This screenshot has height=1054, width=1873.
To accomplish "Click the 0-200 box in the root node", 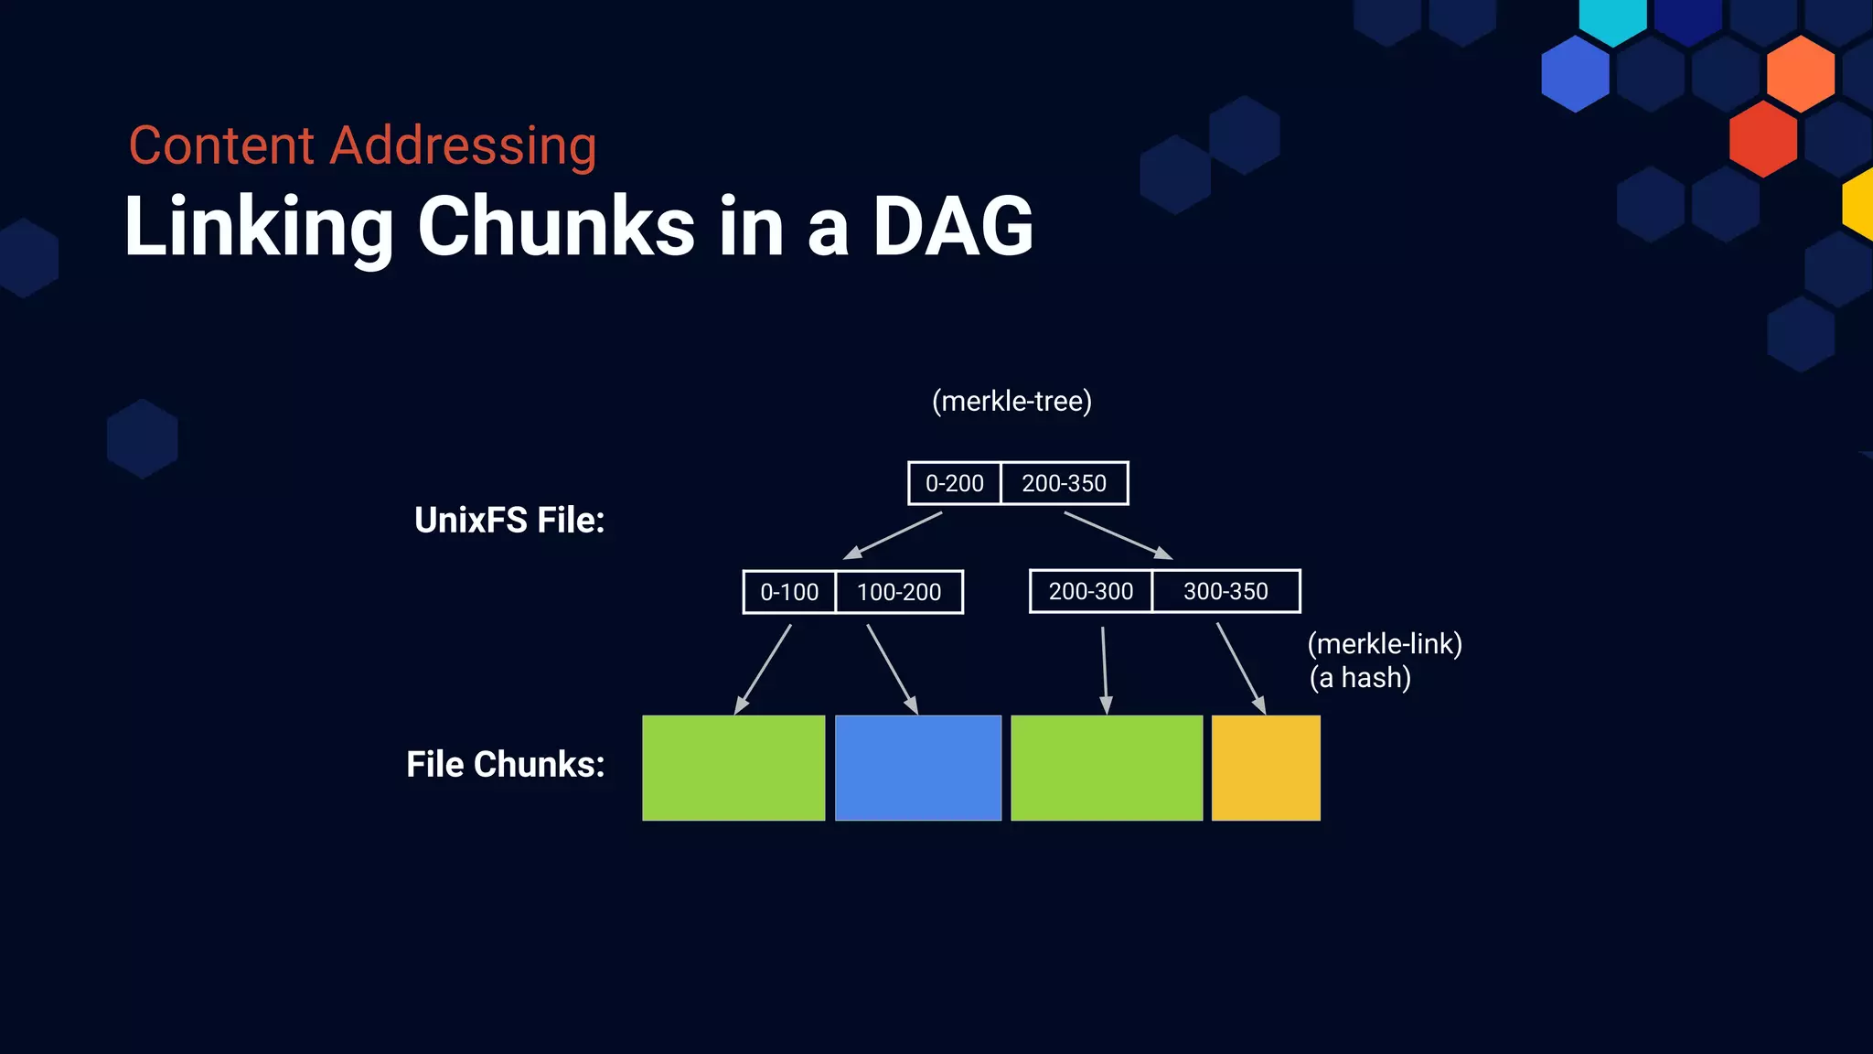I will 954,483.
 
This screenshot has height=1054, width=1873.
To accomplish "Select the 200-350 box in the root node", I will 1064,483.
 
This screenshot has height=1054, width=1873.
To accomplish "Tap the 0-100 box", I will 789,592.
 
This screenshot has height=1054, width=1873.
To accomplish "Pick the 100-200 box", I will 899,592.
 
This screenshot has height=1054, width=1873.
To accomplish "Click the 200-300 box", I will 1090,591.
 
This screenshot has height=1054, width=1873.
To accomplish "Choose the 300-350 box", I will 1225,591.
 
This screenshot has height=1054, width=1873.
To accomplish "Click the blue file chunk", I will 918,768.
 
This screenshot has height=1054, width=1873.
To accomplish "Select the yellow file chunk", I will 1266,768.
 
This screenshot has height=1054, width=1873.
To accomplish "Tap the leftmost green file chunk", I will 733,768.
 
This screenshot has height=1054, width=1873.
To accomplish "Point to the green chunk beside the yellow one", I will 1107,768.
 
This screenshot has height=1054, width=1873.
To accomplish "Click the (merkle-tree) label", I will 1011,401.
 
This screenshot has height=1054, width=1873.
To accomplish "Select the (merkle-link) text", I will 1385,644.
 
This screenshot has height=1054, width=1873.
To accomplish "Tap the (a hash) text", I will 1360,678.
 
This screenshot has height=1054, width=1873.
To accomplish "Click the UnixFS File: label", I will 509,520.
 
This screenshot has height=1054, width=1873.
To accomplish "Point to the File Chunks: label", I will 506,764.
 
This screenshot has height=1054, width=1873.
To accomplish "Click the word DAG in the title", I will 952,226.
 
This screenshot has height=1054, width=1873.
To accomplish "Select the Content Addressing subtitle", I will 362,145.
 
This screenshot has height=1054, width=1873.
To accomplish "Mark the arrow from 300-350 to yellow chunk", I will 1241,668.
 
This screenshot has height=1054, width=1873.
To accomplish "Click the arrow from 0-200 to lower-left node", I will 893,535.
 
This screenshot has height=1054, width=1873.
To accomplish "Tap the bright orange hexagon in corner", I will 1800,73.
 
